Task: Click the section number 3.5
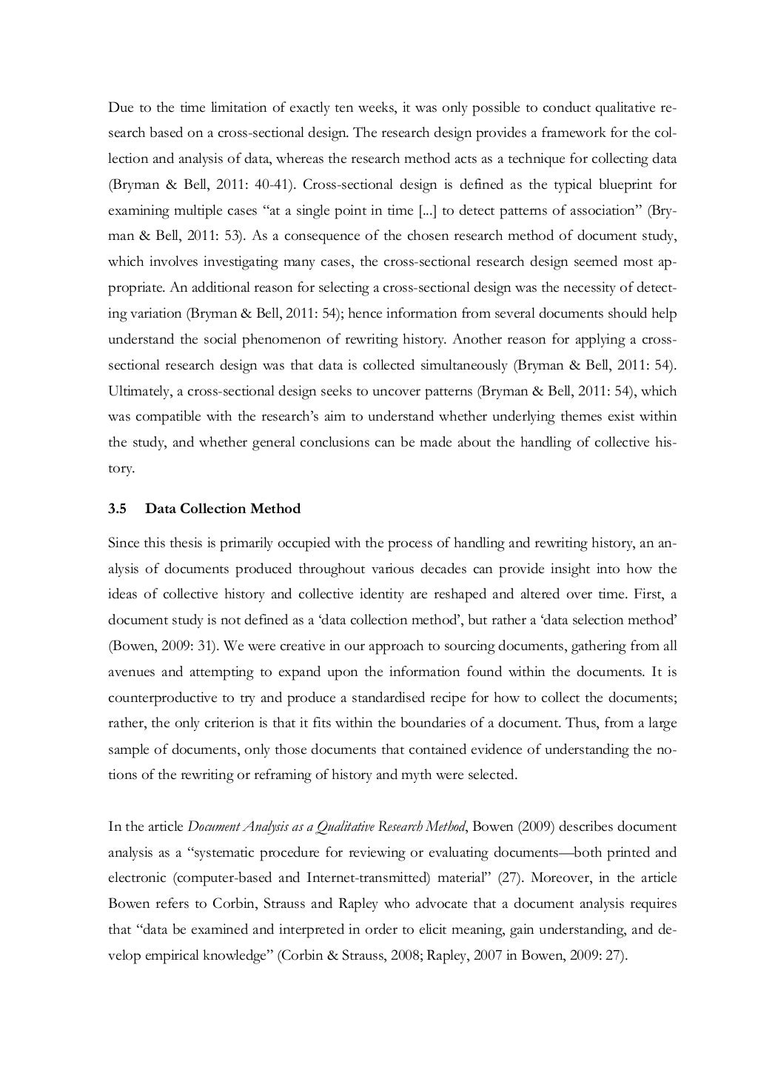point(118,509)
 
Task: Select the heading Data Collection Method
point(223,509)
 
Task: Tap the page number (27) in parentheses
point(509,878)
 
